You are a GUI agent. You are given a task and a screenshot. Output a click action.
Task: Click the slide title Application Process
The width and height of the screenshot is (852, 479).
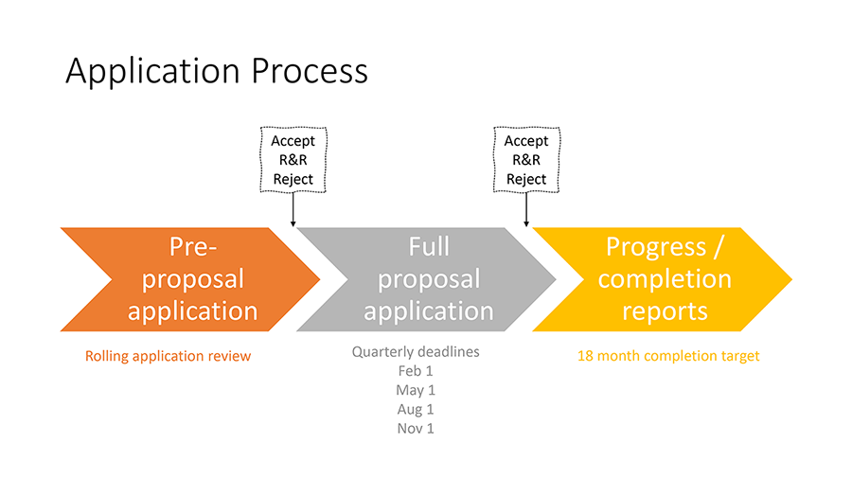(216, 72)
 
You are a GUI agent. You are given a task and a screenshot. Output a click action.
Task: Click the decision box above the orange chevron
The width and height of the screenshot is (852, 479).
(293, 160)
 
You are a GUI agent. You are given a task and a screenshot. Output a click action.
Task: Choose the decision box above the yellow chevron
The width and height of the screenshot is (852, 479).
(526, 160)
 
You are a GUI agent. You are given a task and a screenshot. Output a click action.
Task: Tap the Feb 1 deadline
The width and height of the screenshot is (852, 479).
(416, 371)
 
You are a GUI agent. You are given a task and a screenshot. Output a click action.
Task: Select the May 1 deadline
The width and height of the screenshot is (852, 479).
(416, 390)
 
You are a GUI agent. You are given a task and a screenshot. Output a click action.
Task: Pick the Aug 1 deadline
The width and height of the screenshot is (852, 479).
(416, 410)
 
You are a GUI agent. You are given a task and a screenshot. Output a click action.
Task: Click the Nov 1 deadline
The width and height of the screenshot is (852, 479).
(416, 429)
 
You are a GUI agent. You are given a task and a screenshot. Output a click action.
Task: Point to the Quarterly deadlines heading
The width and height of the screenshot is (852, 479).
(416, 352)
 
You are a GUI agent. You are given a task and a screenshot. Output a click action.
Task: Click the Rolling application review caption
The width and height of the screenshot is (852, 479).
(169, 356)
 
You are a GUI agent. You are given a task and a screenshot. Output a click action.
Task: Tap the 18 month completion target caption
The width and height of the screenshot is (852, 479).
(668, 356)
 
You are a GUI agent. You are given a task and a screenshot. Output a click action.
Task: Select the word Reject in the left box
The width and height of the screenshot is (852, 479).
(293, 179)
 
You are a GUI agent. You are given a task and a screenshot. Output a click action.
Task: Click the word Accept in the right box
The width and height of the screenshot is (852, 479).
(526, 141)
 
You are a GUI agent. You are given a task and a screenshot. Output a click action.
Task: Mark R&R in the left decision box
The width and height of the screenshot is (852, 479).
(293, 160)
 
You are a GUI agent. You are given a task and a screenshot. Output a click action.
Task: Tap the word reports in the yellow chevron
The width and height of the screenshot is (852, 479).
(665, 310)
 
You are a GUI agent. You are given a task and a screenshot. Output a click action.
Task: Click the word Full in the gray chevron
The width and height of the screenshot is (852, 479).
(429, 247)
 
